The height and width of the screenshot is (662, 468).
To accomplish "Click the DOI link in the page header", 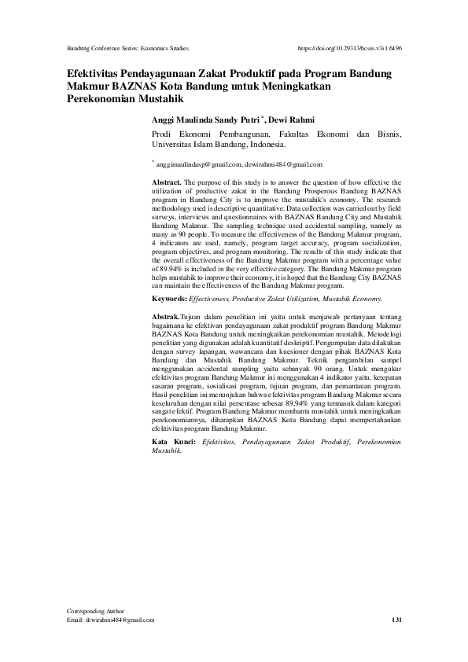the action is (350, 47).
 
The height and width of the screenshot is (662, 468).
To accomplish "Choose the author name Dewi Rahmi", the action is (292, 120).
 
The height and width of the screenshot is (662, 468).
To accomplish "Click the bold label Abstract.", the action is (167, 182).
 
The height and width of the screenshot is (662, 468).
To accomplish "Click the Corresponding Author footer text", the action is (98, 611).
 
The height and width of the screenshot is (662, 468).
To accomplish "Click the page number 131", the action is (396, 620).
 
